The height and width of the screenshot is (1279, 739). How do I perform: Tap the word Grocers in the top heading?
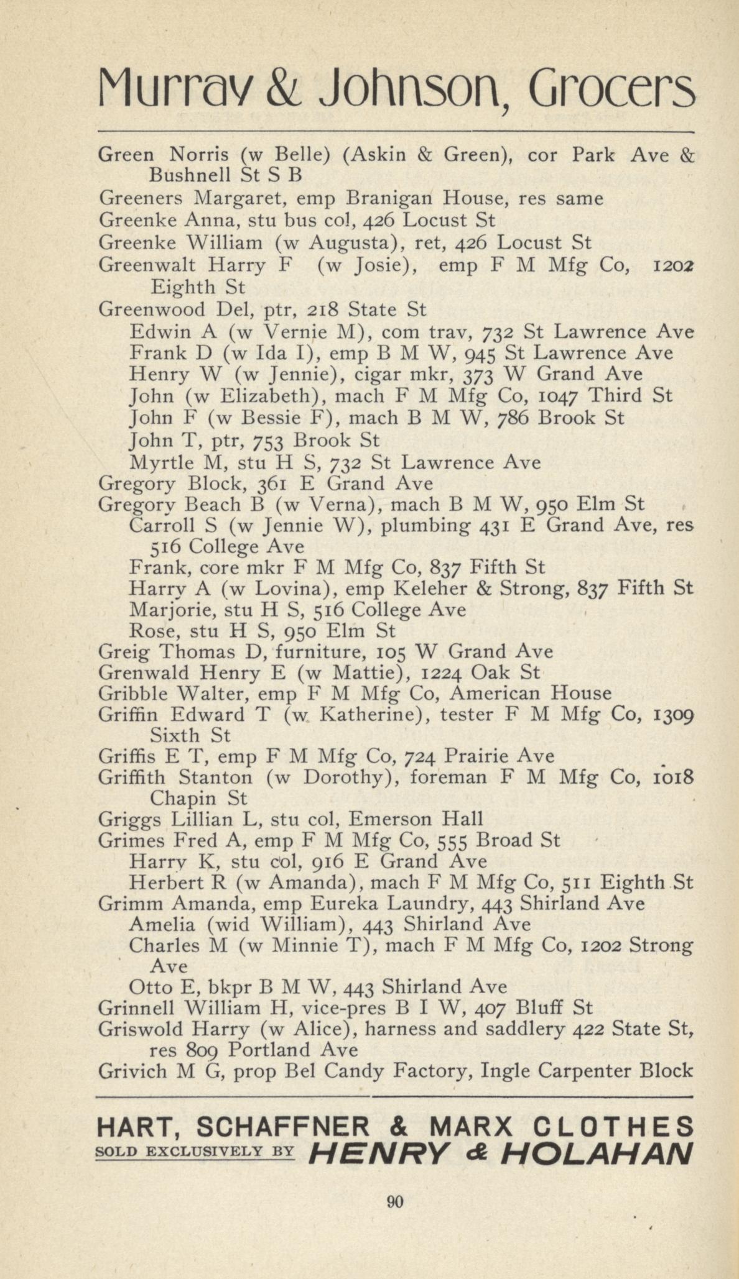[x=613, y=91]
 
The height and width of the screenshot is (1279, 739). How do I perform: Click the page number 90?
[x=395, y=1201]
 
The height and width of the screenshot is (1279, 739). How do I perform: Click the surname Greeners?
[x=141, y=198]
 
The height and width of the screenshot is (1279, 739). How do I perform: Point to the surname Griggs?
[x=126, y=820]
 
